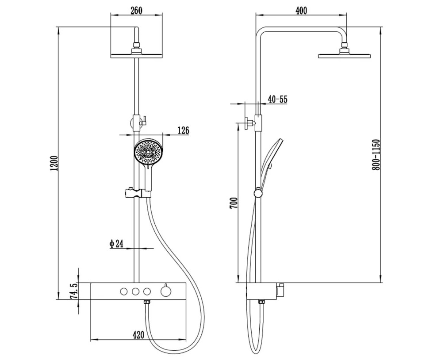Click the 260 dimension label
(136, 11)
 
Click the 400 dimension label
(301, 11)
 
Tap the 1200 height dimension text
(54, 163)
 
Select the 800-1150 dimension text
(376, 155)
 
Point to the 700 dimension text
(234, 203)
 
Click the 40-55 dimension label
(277, 100)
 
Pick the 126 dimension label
(183, 130)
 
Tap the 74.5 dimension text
(73, 291)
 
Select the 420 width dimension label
(138, 335)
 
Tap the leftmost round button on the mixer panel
(124, 291)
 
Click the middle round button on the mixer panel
(135, 291)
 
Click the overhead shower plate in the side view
(345, 55)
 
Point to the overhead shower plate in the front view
(136, 56)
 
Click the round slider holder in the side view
(258, 193)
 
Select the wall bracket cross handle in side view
(248, 123)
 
